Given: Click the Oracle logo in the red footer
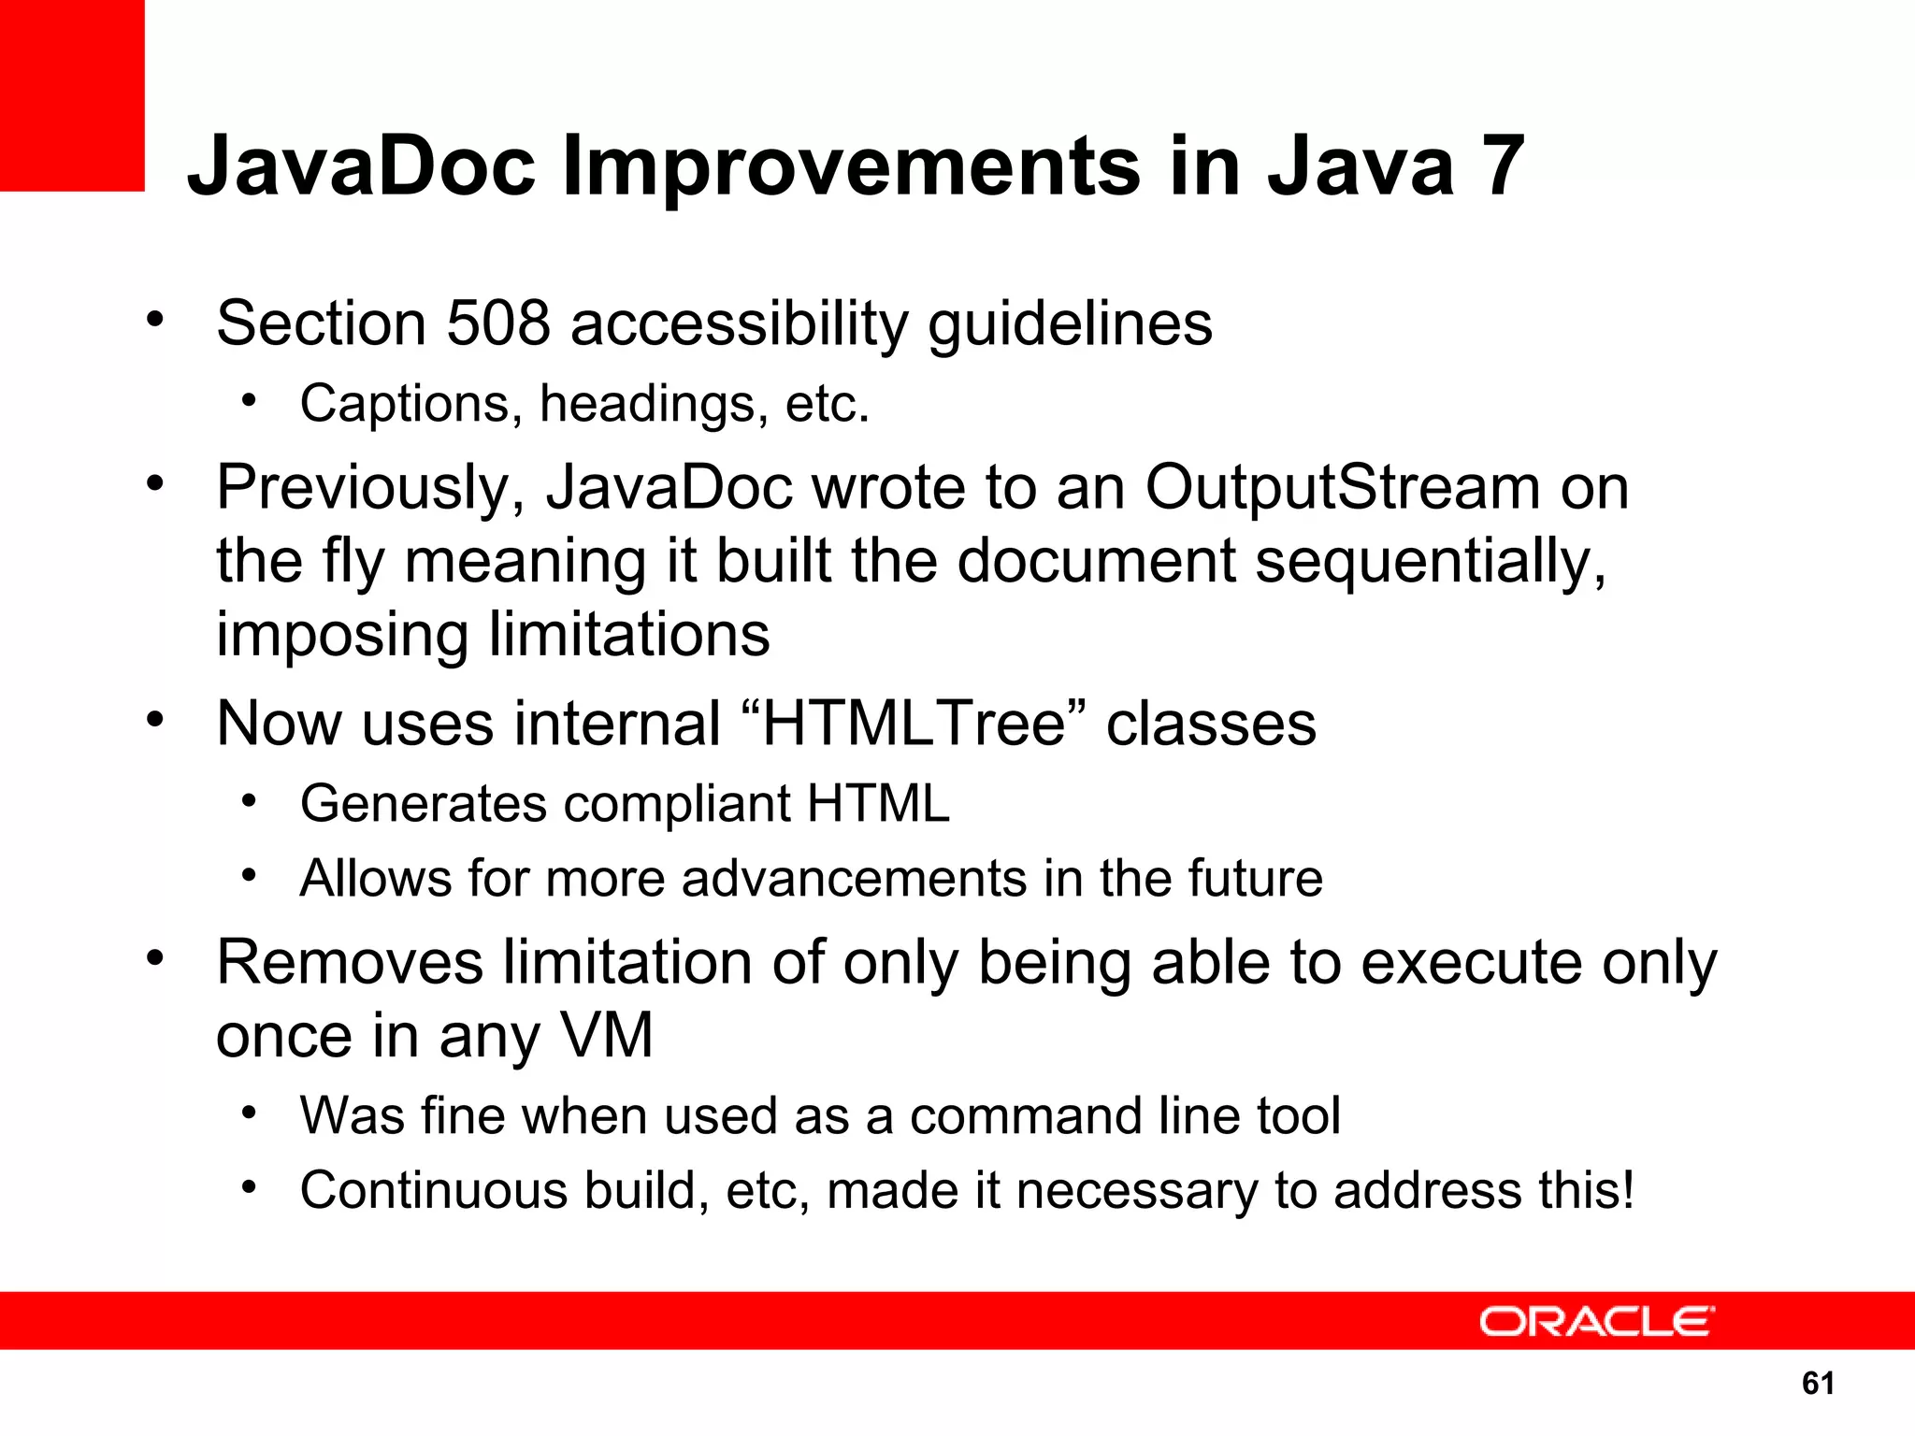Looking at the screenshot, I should click(1596, 1322).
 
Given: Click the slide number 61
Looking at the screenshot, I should click(1818, 1384).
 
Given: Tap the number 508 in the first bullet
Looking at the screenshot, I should click(497, 323).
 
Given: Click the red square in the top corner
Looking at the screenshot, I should click(71, 93).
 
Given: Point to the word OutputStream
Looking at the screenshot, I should click(1342, 488).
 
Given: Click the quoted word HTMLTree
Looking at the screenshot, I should click(914, 724).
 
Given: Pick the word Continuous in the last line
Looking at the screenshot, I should click(433, 1190).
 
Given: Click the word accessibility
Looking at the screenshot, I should click(738, 323).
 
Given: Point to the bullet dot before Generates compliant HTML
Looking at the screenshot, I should click(248, 801).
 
